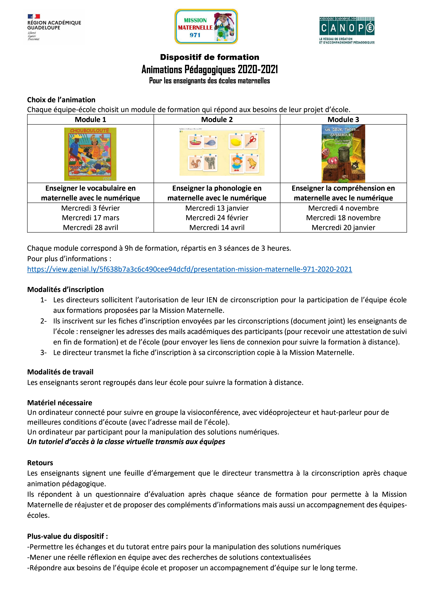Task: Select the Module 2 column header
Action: pos(217,120)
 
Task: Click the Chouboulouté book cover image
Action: pos(90,154)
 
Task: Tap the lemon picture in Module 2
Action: pos(235,142)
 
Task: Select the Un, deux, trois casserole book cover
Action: pos(343,154)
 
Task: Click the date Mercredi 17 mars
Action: pos(90,218)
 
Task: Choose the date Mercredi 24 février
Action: pos(217,218)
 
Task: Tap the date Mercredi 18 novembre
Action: pos(343,218)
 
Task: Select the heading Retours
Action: pos(40,463)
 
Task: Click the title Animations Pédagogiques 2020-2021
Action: pos(210,69)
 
